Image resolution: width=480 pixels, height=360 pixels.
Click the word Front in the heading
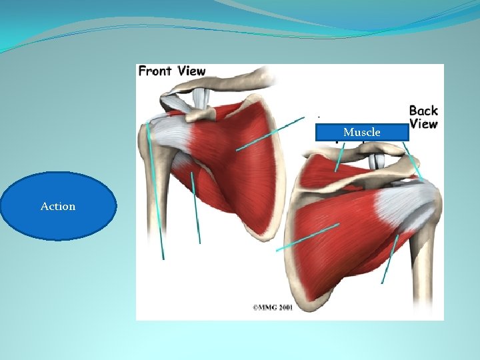point(155,71)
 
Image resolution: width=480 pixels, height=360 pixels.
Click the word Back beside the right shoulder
point(423,111)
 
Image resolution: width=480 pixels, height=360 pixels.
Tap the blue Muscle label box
point(362,132)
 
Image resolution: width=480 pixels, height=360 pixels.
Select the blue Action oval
point(59,206)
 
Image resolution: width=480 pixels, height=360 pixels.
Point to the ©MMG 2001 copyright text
point(272,307)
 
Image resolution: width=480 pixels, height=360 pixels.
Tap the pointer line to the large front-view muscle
point(270,134)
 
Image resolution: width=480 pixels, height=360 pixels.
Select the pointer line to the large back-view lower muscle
point(307,237)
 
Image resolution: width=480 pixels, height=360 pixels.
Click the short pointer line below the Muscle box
point(340,157)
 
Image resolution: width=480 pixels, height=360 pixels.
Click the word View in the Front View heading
point(191,71)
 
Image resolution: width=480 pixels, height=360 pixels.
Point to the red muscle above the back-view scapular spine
point(333,170)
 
